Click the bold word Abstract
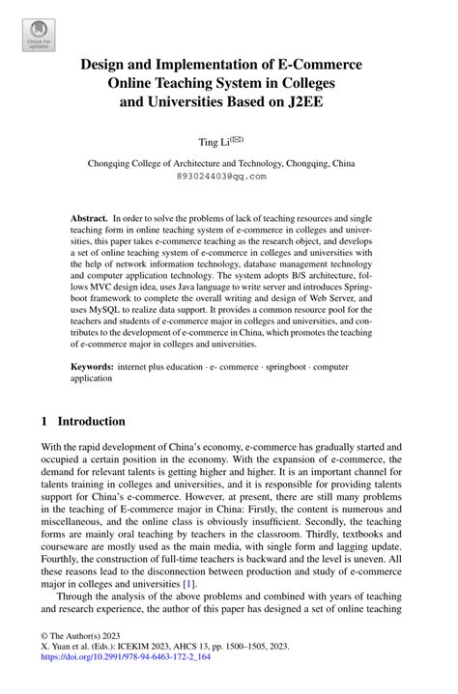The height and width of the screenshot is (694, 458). [x=89, y=220]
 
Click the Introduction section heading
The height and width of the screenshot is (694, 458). [x=92, y=422]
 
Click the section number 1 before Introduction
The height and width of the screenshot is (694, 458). [x=45, y=422]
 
